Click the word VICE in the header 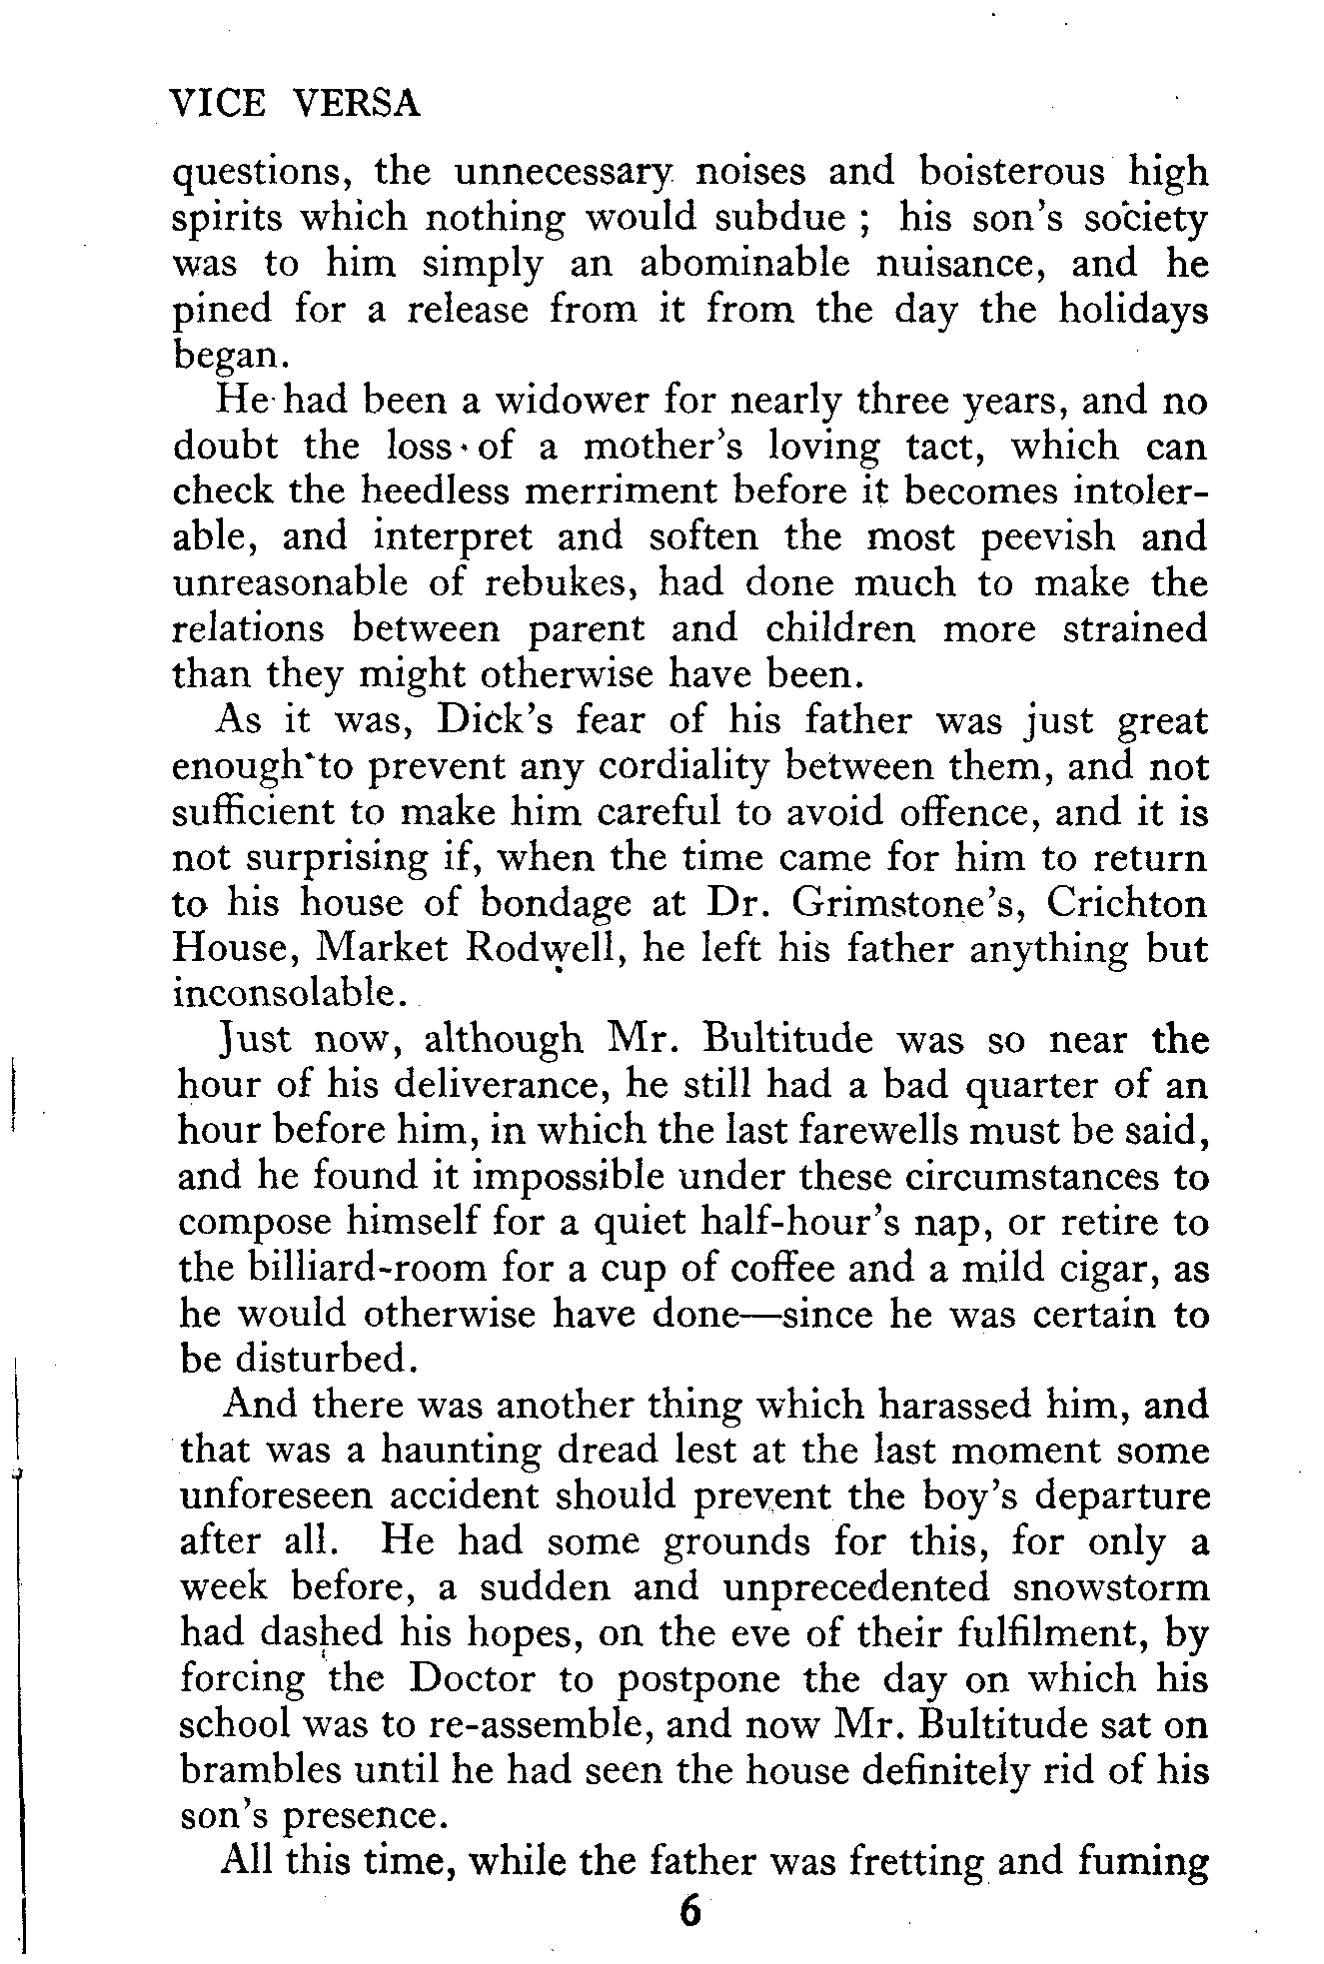pyautogui.click(x=218, y=104)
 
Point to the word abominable pyautogui.click(x=743, y=263)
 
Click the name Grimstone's pyautogui.click(x=917, y=903)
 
